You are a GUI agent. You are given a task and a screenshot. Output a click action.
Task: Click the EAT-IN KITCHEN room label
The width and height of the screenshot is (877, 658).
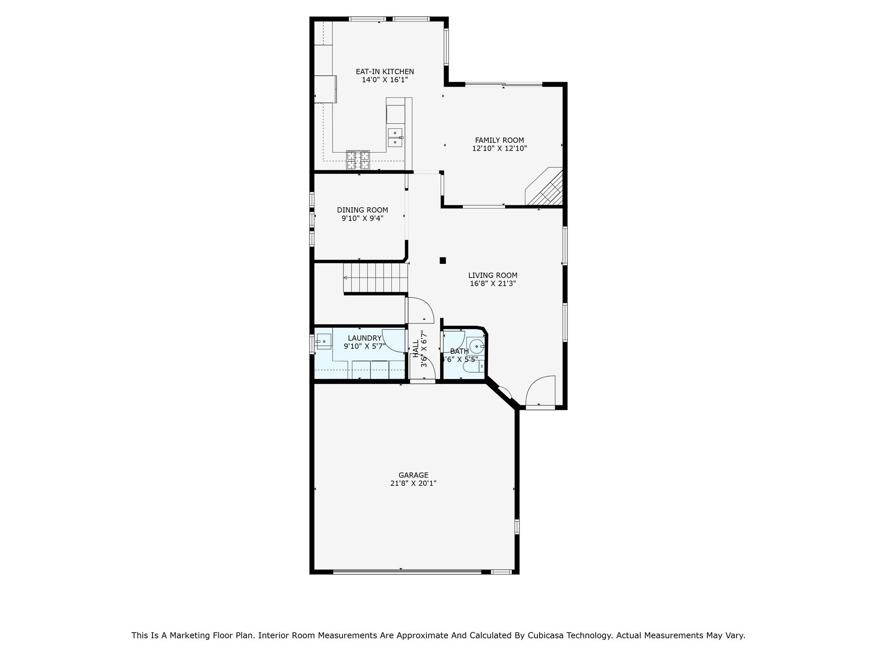tap(385, 72)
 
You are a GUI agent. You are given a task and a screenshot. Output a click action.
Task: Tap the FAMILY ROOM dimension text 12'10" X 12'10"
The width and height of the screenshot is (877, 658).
tap(499, 149)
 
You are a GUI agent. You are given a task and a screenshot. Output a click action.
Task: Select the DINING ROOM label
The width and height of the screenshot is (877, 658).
tap(362, 210)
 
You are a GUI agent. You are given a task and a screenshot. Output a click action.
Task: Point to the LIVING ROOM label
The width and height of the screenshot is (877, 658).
tap(492, 275)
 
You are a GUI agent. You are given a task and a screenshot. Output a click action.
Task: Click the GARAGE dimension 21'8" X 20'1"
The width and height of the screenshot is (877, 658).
tap(413, 483)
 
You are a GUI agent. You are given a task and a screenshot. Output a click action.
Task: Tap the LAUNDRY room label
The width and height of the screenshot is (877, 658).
tap(364, 338)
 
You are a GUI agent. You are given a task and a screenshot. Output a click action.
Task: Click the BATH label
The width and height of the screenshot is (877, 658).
tap(459, 351)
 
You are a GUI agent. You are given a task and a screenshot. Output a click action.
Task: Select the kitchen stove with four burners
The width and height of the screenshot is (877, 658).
tap(358, 160)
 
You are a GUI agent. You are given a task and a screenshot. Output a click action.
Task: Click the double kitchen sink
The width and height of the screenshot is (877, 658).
tap(395, 137)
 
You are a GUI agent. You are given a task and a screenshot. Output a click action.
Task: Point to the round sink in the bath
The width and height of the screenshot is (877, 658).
tap(475, 346)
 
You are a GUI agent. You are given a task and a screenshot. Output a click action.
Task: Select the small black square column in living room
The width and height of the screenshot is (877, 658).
tap(443, 260)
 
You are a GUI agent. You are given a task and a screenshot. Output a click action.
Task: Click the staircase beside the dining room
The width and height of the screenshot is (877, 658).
tap(375, 278)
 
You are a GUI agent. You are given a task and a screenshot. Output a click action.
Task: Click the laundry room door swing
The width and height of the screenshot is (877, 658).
tap(393, 341)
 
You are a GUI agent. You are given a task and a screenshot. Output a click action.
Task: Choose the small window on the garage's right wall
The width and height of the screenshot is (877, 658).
tap(517, 526)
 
